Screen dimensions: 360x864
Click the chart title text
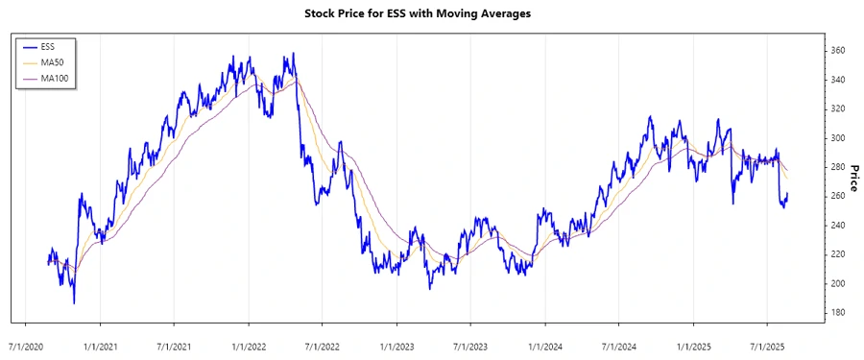430,14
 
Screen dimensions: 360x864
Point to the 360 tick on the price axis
836,50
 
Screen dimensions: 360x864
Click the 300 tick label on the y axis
836,137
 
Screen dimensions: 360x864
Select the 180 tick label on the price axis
836,312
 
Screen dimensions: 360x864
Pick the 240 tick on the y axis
836,225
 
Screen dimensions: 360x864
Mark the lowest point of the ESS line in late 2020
74,303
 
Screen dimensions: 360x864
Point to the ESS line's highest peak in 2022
293,54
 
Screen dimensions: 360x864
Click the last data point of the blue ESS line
788,194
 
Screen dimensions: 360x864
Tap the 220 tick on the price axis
836,253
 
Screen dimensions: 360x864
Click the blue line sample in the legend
29,46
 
